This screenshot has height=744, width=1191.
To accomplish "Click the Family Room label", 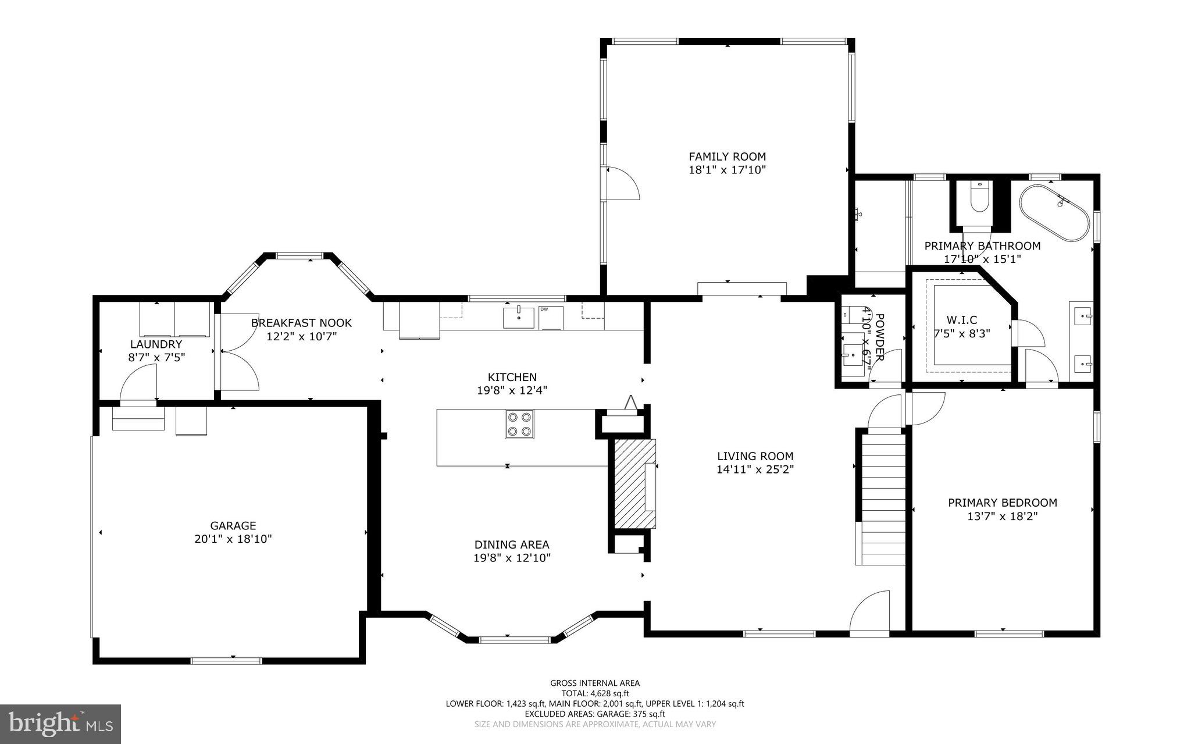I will (727, 156).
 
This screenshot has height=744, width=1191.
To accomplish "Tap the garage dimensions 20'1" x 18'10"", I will (233, 539).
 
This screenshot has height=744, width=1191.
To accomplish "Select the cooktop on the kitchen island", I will (519, 423).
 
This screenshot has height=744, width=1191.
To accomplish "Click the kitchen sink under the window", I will (518, 318).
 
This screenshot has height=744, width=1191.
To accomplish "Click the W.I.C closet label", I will (962, 320).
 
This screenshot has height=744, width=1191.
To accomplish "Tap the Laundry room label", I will (156, 344).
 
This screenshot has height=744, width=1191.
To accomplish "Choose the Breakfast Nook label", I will (301, 323).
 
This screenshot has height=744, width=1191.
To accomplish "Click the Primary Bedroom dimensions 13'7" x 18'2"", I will (1002, 516).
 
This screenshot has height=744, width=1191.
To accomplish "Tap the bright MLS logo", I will (60, 724).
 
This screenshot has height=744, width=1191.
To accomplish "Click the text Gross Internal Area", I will (594, 683).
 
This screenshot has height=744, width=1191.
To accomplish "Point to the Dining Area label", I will (512, 545).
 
